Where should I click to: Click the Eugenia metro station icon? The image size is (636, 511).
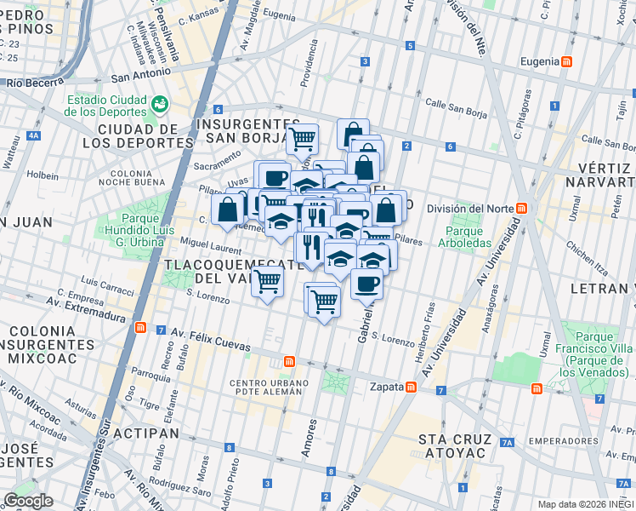pyautogui.click(x=567, y=61)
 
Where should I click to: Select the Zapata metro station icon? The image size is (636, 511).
pyautogui.click(x=411, y=387)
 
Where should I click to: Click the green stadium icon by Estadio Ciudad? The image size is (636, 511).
pyautogui.click(x=158, y=103)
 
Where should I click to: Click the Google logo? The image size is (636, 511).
pyautogui.click(x=29, y=501)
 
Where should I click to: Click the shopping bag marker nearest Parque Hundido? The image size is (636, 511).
pyautogui.click(x=229, y=209)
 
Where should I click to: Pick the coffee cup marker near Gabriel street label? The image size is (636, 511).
pyautogui.click(x=366, y=284)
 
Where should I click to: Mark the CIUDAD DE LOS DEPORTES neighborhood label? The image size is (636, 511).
pyautogui.click(x=132, y=135)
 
